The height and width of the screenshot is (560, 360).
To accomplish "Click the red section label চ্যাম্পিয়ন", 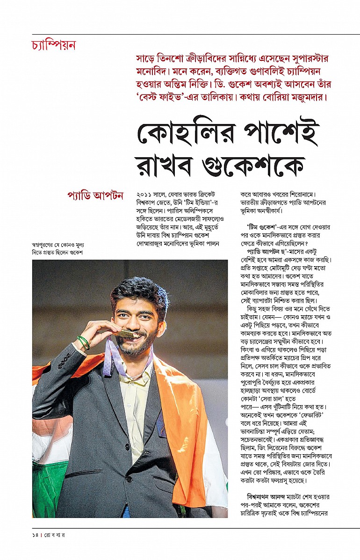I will [54, 46].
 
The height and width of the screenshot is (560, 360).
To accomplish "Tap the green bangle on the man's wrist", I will [83, 342].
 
